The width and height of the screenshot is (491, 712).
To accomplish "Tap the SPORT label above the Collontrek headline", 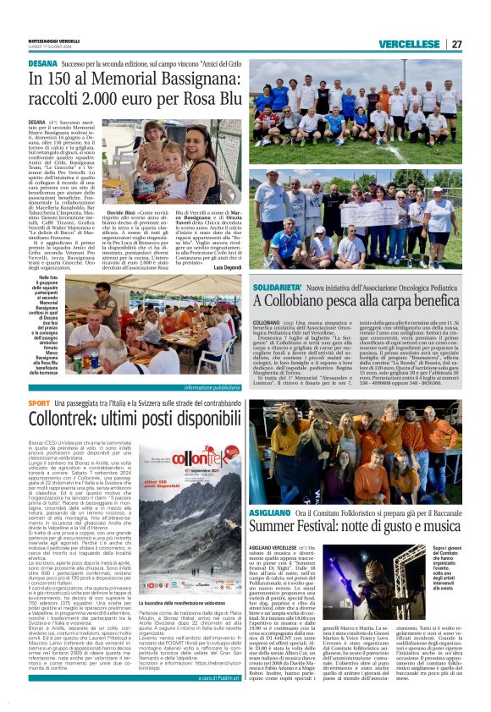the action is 38,404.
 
